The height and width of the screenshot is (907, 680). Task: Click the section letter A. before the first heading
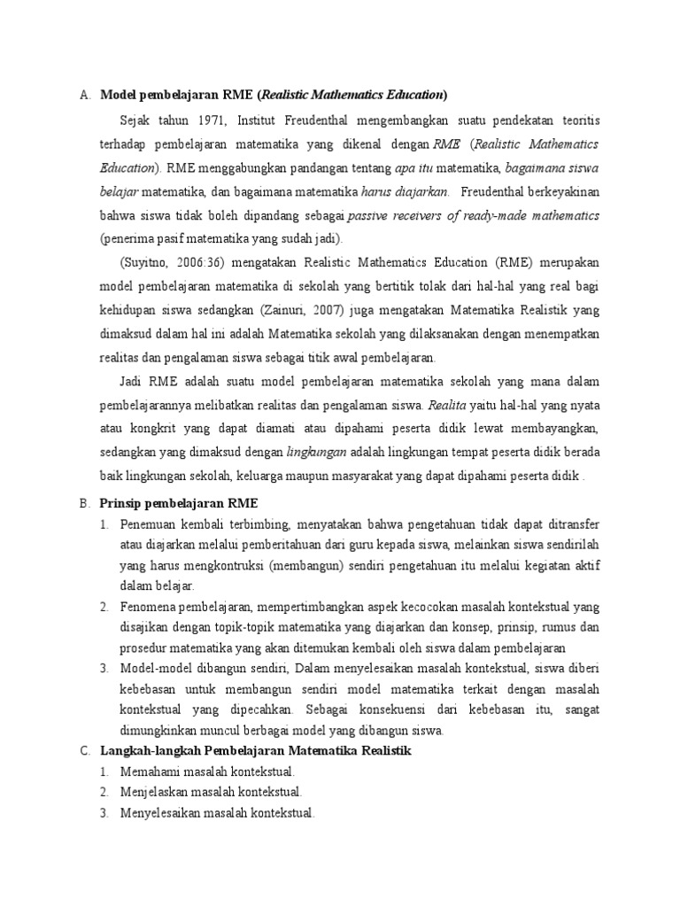point(85,95)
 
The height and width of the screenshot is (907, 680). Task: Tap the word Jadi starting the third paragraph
point(132,381)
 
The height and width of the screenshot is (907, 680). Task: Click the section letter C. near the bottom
point(85,750)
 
